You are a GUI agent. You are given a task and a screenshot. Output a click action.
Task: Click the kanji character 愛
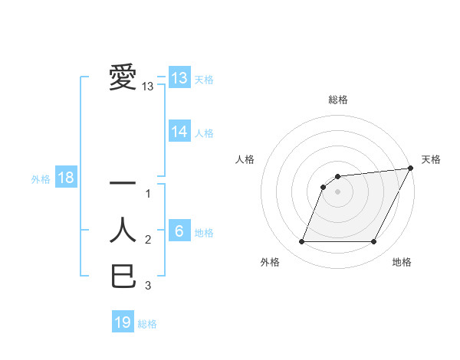[123, 78]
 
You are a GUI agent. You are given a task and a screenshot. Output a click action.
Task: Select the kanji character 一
[123, 184]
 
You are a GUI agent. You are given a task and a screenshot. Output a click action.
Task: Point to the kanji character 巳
[123, 276]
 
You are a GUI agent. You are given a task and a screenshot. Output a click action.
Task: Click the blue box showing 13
[179, 78]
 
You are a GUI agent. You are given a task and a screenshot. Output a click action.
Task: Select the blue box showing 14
[179, 132]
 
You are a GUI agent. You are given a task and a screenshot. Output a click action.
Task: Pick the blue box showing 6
[179, 231]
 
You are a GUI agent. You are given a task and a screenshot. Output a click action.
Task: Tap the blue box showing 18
[66, 178]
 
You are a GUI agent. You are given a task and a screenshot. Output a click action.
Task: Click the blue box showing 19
[123, 322]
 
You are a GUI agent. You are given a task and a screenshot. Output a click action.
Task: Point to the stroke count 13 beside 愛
[148, 87]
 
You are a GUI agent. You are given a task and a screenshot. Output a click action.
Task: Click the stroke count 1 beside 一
[148, 194]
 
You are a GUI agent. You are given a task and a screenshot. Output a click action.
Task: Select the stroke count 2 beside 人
[148, 241]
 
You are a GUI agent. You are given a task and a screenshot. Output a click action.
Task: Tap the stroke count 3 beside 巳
[148, 286]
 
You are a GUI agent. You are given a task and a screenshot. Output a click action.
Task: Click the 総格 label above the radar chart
[337, 100]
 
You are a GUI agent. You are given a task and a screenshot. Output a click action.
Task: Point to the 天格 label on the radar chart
[431, 159]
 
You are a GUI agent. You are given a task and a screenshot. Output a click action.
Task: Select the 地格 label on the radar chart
[402, 262]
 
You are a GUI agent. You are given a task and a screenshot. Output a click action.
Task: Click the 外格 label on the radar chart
[270, 262]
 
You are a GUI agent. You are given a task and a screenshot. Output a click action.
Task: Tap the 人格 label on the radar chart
[245, 159]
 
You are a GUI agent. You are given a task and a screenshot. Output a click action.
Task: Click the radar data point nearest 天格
[411, 168]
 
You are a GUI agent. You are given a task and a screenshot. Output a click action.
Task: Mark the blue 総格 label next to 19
[148, 323]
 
